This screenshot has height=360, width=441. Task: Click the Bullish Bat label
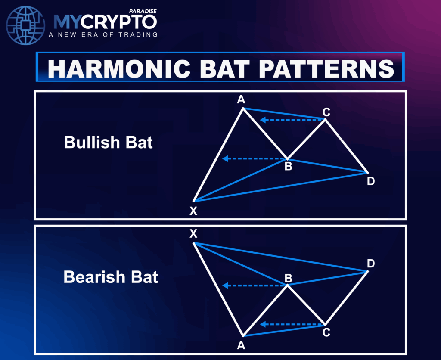tap(109, 142)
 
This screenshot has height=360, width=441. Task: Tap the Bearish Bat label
tap(111, 277)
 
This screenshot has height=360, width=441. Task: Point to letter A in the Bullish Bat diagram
tap(241, 100)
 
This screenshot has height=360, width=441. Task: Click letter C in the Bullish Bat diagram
tap(326, 112)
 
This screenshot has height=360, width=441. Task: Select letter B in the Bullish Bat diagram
tap(288, 166)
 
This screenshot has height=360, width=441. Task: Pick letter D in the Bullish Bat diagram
tap(371, 181)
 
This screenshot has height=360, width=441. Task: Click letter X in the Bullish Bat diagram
tap(193, 211)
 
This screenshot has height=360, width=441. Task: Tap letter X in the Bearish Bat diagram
tap(193, 234)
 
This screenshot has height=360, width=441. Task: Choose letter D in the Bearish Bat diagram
tap(371, 263)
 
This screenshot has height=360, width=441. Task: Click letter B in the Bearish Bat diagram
tap(288, 277)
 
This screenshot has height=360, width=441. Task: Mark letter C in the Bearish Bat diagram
tap(326, 332)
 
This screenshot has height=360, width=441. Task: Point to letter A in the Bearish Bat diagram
tap(241, 345)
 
